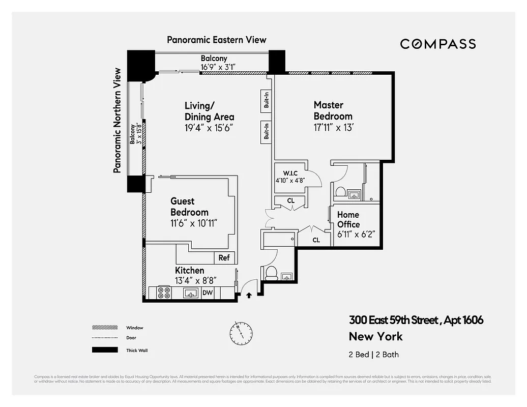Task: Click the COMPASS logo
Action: click(437, 44)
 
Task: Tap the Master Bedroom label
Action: click(333, 110)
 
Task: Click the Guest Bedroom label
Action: click(189, 207)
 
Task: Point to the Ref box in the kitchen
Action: click(224, 258)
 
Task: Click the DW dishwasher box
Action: click(208, 293)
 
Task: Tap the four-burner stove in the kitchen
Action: click(164, 293)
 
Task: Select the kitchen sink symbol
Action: click(191, 293)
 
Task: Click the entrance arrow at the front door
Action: click(249, 295)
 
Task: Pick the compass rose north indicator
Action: click(241, 332)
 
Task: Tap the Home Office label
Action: click(348, 220)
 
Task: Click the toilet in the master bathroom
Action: click(341, 192)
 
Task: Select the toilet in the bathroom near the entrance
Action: click(271, 273)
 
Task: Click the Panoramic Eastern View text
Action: click(216, 40)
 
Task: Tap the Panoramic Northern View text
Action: click(118, 121)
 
